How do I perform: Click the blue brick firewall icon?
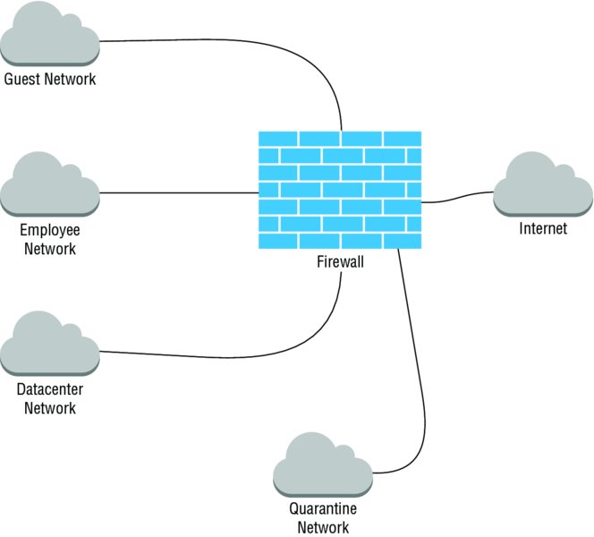click(x=340, y=191)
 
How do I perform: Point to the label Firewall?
click(x=341, y=262)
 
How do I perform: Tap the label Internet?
click(x=543, y=229)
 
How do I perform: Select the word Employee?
click(x=50, y=231)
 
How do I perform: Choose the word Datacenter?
click(x=50, y=390)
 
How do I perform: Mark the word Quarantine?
click(x=323, y=509)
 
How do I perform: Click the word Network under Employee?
click(x=50, y=249)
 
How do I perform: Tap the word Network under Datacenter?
click(x=50, y=408)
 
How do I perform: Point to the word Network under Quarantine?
click(x=323, y=527)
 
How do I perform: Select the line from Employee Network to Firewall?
click(x=179, y=192)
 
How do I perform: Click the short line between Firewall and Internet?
click(x=456, y=199)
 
